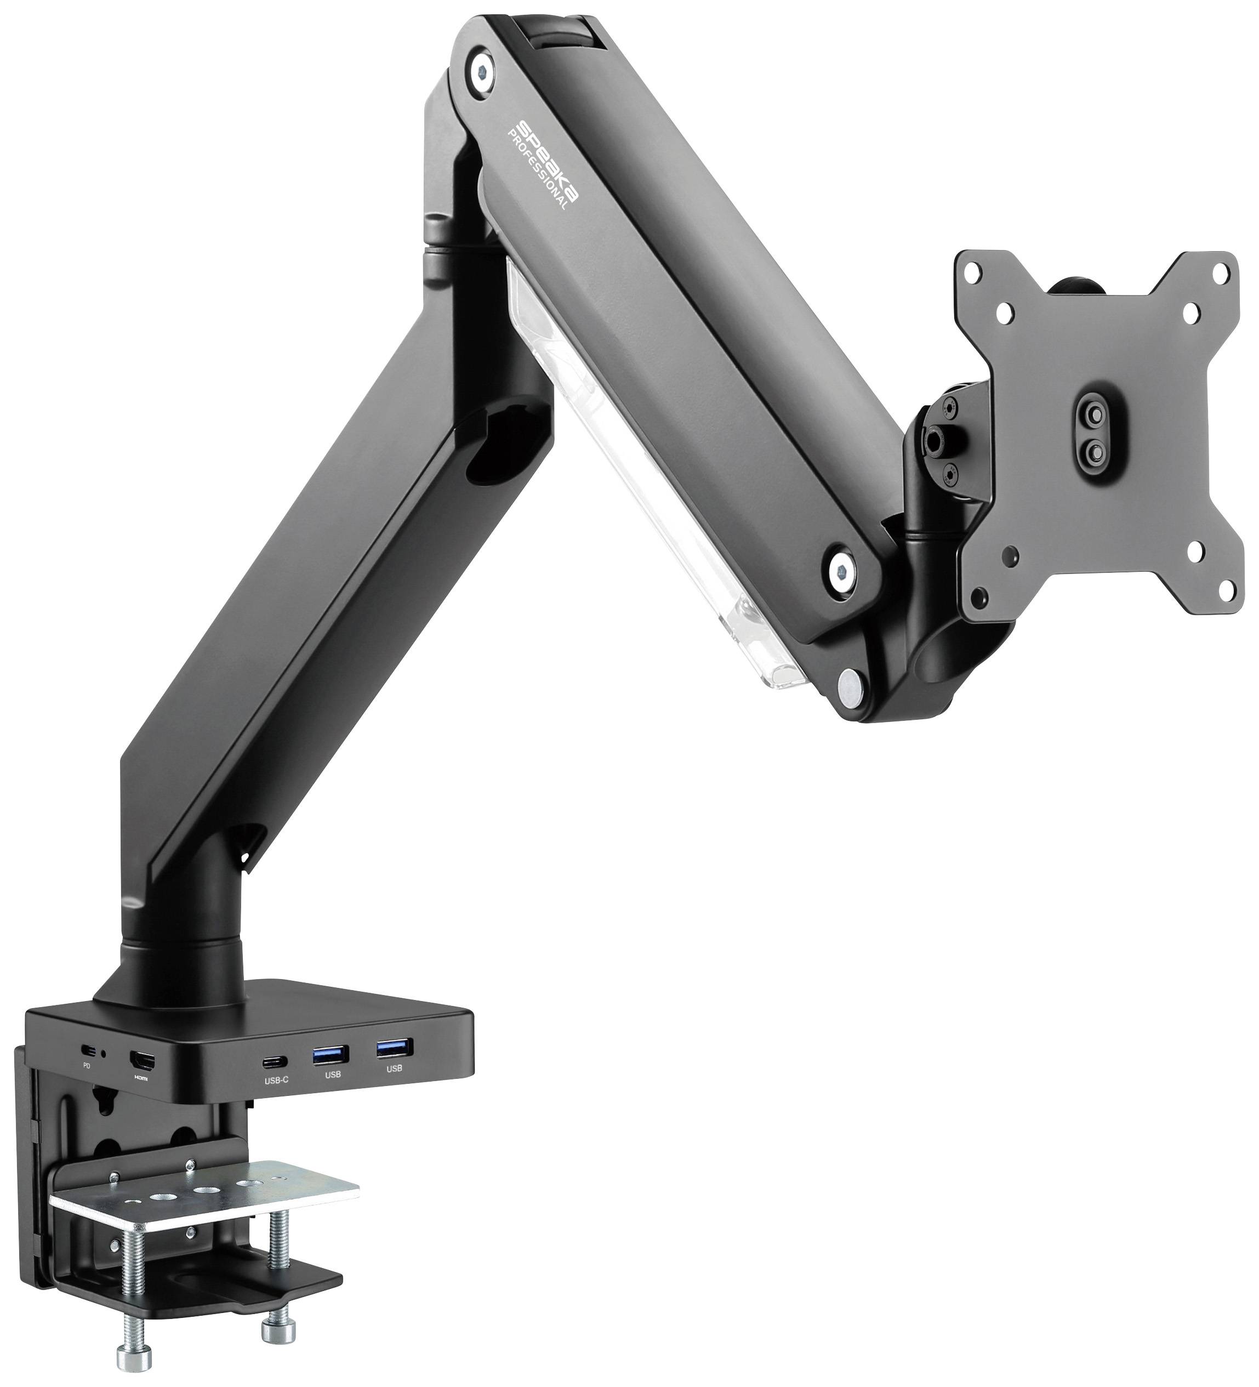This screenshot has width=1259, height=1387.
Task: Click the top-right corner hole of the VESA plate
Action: click(x=1220, y=273)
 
